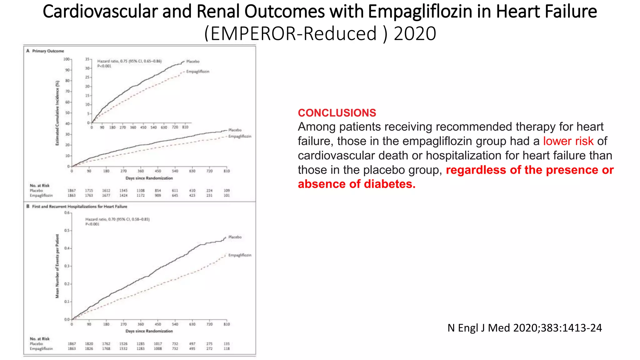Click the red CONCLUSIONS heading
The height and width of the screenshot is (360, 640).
(337, 113)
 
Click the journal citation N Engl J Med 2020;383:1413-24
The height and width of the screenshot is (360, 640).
(524, 328)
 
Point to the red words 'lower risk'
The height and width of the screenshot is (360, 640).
(568, 141)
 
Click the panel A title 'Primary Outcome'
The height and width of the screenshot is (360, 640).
(48, 51)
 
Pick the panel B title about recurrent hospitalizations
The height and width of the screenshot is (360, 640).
(79, 207)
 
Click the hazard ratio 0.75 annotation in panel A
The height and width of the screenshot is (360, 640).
(129, 61)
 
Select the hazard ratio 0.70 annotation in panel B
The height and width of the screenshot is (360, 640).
(117, 219)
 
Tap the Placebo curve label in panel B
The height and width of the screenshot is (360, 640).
(235, 237)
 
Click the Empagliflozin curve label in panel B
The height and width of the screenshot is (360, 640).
(240, 255)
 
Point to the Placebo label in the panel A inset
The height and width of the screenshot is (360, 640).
(193, 62)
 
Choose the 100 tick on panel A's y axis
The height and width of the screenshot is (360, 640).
(66, 59)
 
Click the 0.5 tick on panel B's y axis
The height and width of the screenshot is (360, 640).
(67, 231)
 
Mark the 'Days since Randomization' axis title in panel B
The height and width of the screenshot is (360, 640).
(149, 331)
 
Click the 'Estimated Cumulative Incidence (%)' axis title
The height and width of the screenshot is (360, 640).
(57, 113)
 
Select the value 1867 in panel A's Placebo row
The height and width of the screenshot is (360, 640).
(72, 190)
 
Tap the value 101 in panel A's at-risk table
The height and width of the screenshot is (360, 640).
(227, 195)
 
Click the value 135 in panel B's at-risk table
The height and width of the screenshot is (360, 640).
(227, 344)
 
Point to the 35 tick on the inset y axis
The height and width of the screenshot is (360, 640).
(87, 59)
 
